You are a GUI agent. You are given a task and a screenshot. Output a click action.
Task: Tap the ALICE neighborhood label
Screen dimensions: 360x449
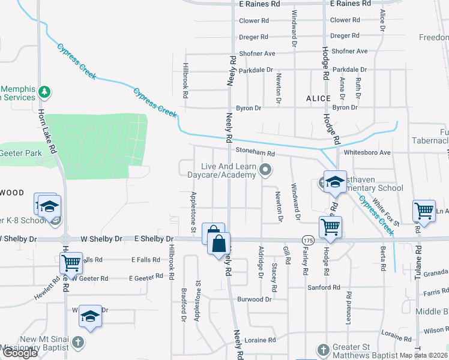click(x=318, y=98)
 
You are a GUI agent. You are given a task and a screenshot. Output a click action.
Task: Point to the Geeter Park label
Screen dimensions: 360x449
click(x=21, y=153)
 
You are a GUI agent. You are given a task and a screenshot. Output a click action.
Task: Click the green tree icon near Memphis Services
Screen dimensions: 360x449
click(x=44, y=92)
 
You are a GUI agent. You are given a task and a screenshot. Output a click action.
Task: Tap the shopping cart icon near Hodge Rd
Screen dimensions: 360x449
click(x=330, y=227)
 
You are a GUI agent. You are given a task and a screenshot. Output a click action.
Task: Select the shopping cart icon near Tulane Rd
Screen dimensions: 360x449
click(x=424, y=210)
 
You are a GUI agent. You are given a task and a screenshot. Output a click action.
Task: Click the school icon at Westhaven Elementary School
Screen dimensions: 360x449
click(x=334, y=181)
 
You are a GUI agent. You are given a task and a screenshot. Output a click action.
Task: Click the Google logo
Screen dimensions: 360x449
click(x=20, y=353)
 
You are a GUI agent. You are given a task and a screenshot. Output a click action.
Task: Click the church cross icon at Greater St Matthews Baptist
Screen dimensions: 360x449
click(x=323, y=349)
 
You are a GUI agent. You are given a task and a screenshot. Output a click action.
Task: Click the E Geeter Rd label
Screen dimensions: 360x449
click(x=146, y=278)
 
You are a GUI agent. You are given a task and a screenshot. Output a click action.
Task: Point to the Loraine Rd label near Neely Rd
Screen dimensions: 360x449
click(x=260, y=340)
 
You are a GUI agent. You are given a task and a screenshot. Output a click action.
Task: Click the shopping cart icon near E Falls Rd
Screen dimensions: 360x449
click(x=71, y=262)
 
